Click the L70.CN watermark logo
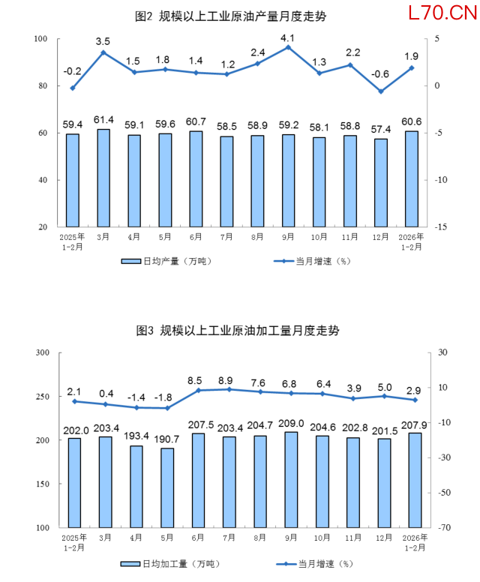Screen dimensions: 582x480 click(442, 13)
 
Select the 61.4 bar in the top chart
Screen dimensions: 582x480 click(103, 178)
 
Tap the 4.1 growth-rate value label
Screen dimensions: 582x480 click(288, 37)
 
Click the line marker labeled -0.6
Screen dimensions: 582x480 click(381, 91)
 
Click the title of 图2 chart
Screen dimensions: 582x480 click(231, 16)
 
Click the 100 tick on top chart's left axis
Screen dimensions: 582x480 click(41, 39)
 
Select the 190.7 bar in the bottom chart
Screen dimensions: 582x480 click(166, 487)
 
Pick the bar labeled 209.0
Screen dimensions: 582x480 click(290, 479)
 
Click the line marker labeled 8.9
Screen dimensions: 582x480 click(229, 389)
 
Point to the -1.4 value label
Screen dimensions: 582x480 click(136, 397)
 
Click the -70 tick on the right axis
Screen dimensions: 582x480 click(440, 528)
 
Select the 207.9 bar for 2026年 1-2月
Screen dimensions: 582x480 click(414, 480)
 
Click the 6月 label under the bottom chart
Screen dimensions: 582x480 click(197, 538)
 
